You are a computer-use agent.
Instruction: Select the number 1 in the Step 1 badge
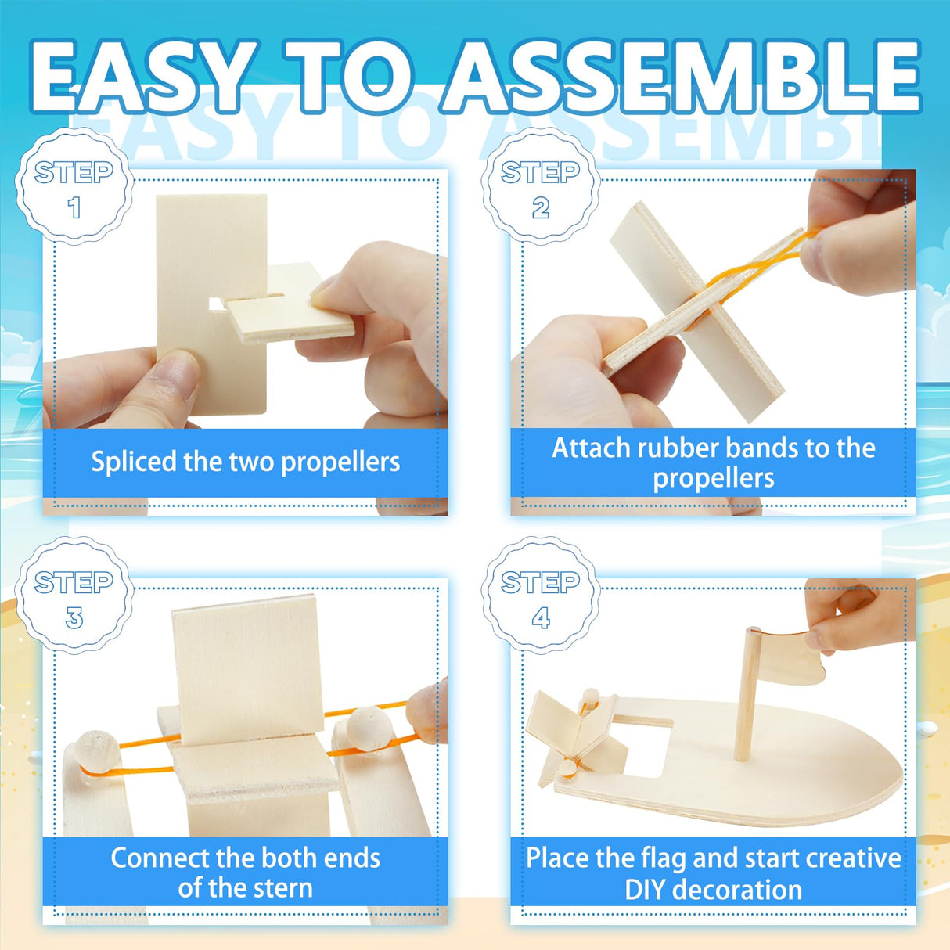[74, 208]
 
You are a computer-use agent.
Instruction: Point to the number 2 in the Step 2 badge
[541, 208]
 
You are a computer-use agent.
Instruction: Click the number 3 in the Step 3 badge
[74, 618]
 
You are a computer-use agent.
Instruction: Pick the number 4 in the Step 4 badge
[541, 618]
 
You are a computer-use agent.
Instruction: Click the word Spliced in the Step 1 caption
[134, 462]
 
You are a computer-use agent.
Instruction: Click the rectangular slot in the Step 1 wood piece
[217, 302]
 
